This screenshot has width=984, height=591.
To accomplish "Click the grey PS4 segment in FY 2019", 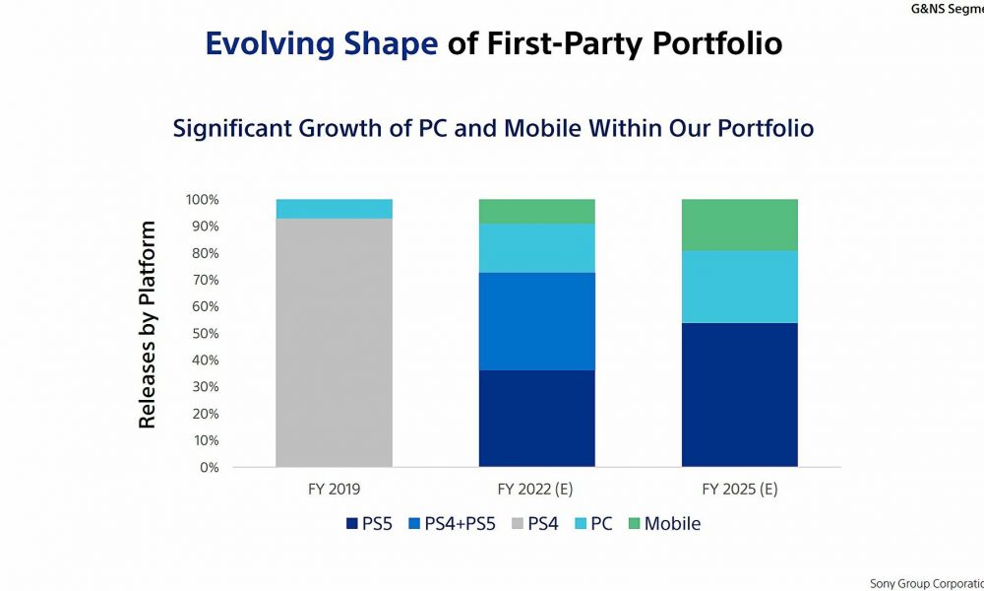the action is pyautogui.click(x=334, y=343).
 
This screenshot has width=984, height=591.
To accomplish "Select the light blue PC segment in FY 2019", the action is pyautogui.click(x=334, y=209).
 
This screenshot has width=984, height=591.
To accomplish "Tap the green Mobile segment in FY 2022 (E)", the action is pyautogui.click(x=536, y=212).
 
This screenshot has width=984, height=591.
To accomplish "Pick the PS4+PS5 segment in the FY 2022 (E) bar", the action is pyautogui.click(x=536, y=321).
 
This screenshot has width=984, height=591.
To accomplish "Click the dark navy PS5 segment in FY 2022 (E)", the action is pyautogui.click(x=536, y=419).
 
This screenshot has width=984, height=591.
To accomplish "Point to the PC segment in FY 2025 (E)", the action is pyautogui.click(x=740, y=287).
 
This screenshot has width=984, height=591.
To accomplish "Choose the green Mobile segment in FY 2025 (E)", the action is pyautogui.click(x=740, y=226).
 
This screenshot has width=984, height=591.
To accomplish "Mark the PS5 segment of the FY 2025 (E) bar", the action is pyautogui.click(x=740, y=395).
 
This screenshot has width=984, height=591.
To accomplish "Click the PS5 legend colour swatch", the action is pyautogui.click(x=352, y=523).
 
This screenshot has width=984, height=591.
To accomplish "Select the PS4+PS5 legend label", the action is pyautogui.click(x=460, y=524).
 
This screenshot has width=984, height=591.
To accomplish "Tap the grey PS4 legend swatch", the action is pyautogui.click(x=518, y=523).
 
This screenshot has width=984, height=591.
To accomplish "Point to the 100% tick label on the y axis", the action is pyautogui.click(x=202, y=200).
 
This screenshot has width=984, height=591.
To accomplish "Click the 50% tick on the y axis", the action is pyautogui.click(x=206, y=334).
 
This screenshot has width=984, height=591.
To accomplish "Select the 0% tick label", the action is pyautogui.click(x=209, y=467).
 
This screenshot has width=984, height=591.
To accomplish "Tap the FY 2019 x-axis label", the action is pyautogui.click(x=334, y=490).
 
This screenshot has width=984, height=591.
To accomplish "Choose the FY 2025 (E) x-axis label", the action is pyautogui.click(x=740, y=490).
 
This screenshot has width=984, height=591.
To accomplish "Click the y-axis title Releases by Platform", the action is pyautogui.click(x=147, y=325).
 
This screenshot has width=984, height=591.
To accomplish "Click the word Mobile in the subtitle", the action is pyautogui.click(x=543, y=128).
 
